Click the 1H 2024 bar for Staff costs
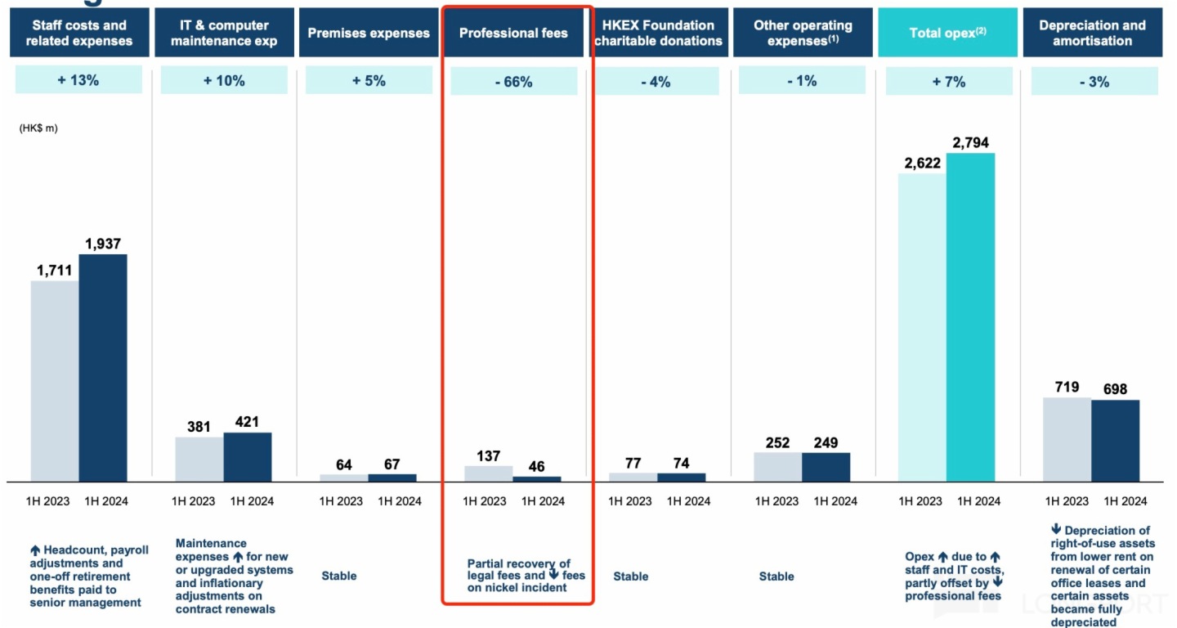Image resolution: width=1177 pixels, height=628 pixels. pos(103,368)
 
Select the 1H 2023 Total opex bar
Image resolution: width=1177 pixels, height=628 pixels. pos(922,327)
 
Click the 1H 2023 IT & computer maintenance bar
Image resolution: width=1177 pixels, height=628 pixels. pos(199,459)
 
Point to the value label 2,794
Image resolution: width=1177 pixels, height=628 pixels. pos(970,143)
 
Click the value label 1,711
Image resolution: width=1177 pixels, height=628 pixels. pos(55,271)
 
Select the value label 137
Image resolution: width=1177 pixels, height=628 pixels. pos(488,456)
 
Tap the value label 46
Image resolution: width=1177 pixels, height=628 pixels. pos(536,467)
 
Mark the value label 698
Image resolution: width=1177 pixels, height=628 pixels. pos(1115,389)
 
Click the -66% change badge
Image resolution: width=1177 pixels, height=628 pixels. pos(513,82)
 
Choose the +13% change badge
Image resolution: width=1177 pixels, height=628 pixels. pos(78,81)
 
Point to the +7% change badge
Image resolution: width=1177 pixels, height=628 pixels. pos(948,82)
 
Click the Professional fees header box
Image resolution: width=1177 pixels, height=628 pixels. pos(513,33)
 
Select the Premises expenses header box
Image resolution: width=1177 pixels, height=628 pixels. pos(369,33)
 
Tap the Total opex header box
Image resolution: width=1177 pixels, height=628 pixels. pos(948,33)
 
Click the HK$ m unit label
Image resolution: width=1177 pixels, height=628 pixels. pos(38,128)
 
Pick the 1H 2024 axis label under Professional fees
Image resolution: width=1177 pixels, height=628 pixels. pos(543,501)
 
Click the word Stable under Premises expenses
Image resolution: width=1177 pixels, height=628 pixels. pos(339,576)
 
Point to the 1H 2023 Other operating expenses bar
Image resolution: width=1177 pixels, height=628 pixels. pos(777,467)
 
